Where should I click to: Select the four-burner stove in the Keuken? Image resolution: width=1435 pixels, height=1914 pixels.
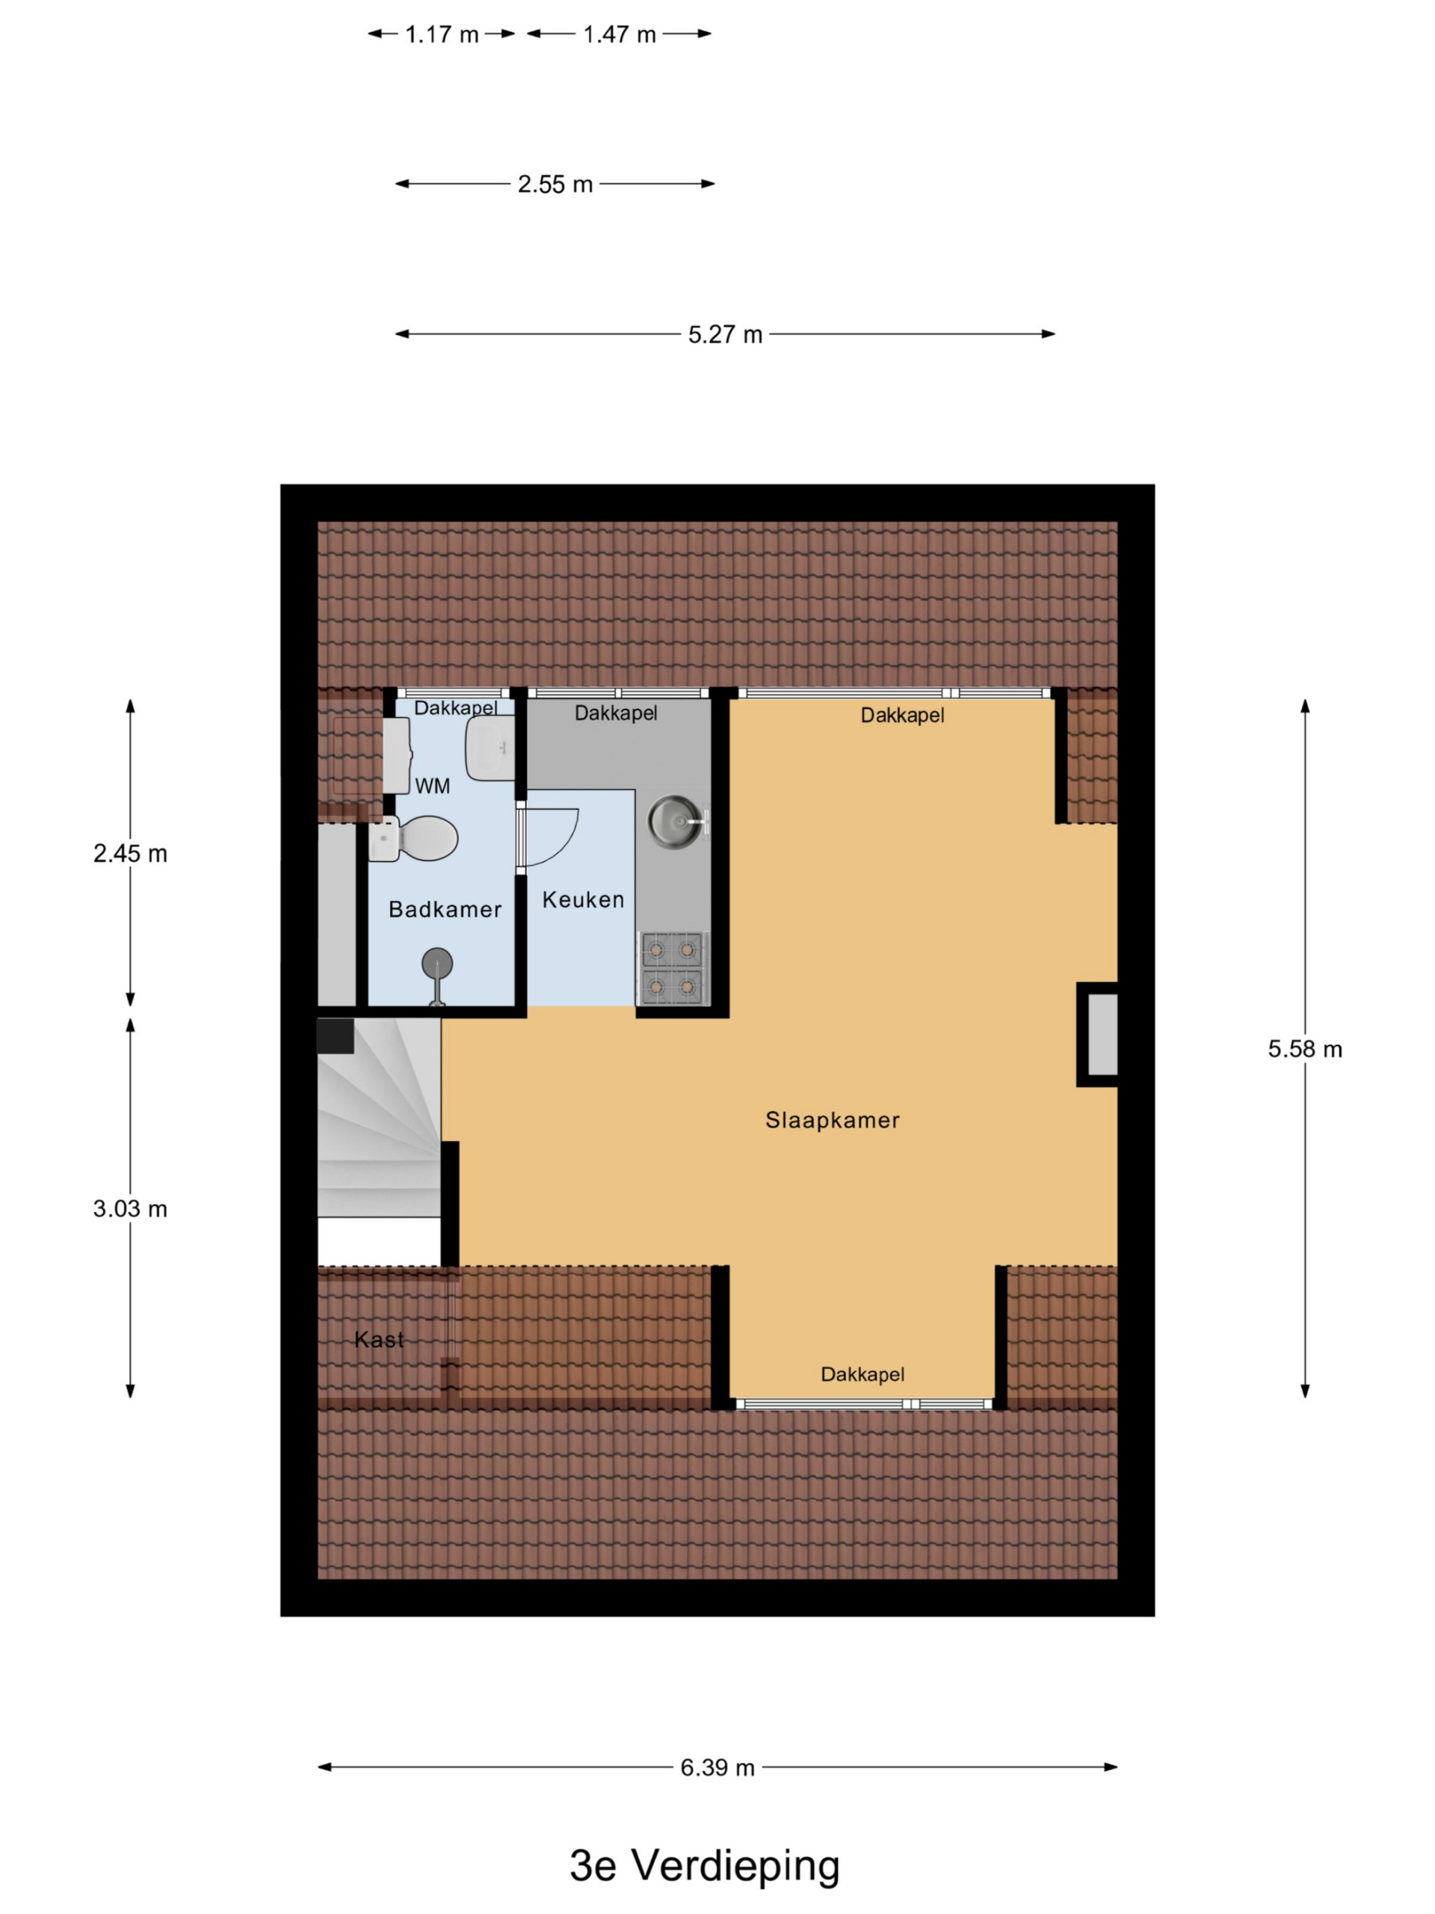coord(672,968)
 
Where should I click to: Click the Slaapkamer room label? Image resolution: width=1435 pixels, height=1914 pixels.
coord(832,1120)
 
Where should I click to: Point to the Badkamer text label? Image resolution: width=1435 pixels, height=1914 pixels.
coord(445,908)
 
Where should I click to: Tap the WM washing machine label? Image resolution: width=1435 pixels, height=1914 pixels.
coord(433,786)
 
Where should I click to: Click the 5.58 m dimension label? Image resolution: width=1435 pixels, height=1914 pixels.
coord(1304,1049)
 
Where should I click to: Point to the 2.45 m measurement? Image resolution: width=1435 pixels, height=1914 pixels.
coord(131,853)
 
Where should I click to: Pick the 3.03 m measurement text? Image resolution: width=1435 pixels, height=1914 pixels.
coord(131,1208)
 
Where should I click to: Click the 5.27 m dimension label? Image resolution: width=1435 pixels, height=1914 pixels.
coord(725,334)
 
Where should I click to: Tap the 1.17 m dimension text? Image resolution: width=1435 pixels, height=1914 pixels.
coord(442,34)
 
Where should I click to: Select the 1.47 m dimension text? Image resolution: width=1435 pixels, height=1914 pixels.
coord(620,34)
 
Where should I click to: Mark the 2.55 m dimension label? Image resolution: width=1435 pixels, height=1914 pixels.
coord(555,185)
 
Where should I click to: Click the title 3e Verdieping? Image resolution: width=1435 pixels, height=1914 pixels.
coord(705,1865)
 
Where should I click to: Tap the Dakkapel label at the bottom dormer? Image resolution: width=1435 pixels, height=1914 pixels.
coord(862,1373)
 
